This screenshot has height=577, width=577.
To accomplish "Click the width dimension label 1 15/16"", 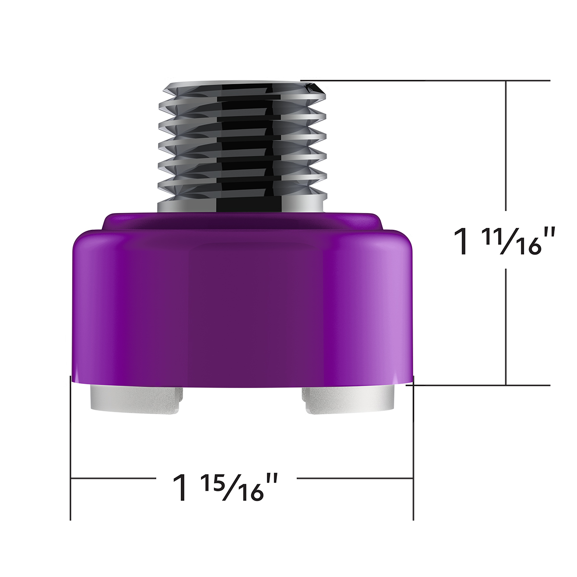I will pyautogui.click(x=226, y=487).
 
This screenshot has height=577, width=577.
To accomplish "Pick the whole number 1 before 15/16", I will pyautogui.click(x=181, y=488).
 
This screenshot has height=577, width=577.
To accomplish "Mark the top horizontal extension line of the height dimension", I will pyautogui.click(x=433, y=80).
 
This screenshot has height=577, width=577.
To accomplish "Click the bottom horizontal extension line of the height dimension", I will pyautogui.click(x=481, y=385).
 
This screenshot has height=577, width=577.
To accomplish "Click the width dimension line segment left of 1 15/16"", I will pyautogui.click(x=113, y=478).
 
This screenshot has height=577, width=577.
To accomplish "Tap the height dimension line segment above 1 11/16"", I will pyautogui.click(x=506, y=144).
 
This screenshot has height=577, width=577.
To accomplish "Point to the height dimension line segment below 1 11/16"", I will pyautogui.click(x=506, y=327).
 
